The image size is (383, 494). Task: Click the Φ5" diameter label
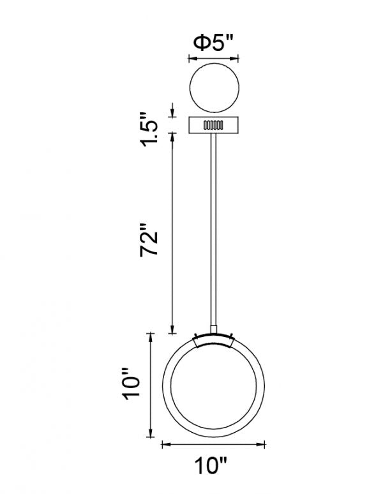[x=214, y=43]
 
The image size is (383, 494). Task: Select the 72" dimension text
[x=149, y=240]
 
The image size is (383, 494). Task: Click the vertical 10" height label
[x=131, y=384]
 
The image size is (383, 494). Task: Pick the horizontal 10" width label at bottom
[x=211, y=466]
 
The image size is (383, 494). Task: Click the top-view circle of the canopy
[x=214, y=87]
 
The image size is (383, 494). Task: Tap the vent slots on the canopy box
[x=213, y=125]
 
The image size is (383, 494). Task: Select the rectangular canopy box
[x=214, y=125]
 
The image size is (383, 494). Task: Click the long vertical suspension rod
[x=213, y=229]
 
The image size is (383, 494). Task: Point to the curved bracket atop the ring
[x=213, y=340]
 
